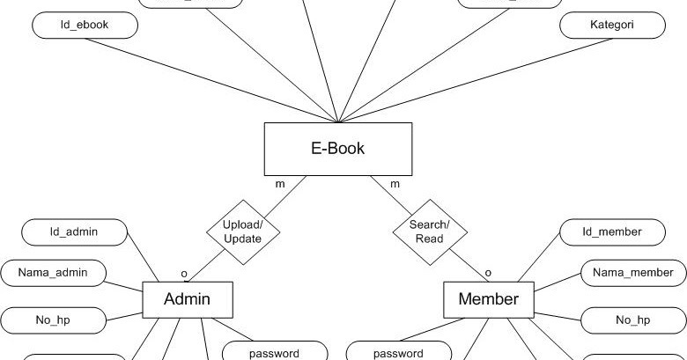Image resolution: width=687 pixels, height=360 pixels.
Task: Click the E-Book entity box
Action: pyautogui.click(x=337, y=148)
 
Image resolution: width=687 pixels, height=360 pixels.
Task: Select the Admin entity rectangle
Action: pyautogui.click(x=188, y=300)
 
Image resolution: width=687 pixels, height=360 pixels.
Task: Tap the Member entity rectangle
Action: pyautogui.click(x=488, y=300)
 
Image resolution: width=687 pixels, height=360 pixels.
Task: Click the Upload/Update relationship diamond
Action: pyautogui.click(x=242, y=232)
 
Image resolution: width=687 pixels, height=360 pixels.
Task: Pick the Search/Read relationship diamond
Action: pyautogui.click(x=429, y=232)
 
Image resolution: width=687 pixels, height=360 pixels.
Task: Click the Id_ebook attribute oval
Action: pyautogui.click(x=85, y=26)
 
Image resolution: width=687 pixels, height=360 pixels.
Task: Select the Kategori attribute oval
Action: pyautogui.click(x=612, y=26)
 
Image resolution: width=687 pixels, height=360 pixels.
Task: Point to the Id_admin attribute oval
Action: pyautogui.click(x=73, y=232)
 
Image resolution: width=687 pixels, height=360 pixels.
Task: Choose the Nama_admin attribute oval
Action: pyautogui.click(x=53, y=273)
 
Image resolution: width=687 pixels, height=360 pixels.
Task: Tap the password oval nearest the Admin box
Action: pyautogui.click(x=274, y=352)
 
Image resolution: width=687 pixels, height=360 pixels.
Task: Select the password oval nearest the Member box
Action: pyautogui.click(x=398, y=352)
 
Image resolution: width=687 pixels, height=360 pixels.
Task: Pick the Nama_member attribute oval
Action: pyautogui.click(x=632, y=273)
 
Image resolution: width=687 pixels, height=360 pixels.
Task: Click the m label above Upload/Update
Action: pyautogui.click(x=280, y=184)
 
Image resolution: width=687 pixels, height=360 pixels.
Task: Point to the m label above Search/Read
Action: pyautogui.click(x=395, y=184)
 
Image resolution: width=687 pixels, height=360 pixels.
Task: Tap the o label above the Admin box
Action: pyautogui.click(x=184, y=273)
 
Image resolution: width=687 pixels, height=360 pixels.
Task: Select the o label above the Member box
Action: pyautogui.click(x=488, y=273)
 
